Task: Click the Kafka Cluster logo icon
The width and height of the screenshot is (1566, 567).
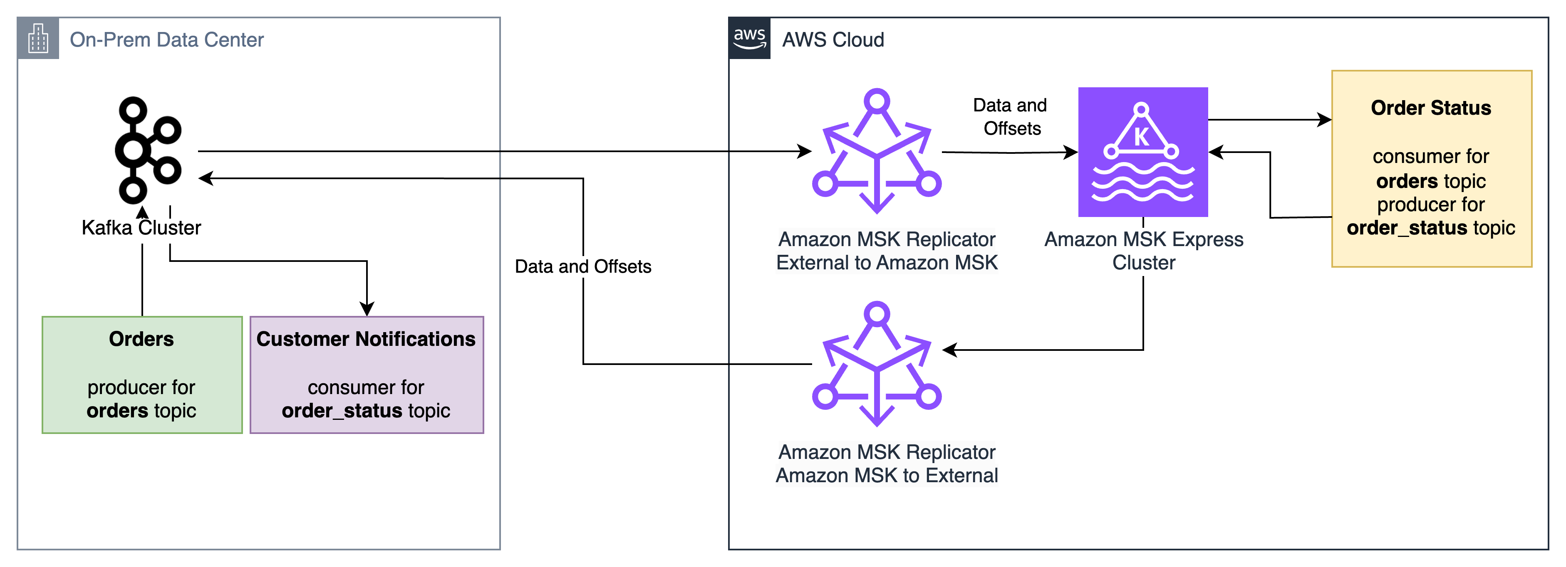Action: (141, 150)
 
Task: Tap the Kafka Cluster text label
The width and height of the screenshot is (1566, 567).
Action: (141, 229)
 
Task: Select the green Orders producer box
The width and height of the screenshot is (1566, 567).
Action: (141, 375)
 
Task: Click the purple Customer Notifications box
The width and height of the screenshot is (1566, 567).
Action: (367, 375)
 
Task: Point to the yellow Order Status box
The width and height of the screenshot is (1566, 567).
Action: (1431, 168)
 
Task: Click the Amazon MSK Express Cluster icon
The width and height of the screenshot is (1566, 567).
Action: (1143, 152)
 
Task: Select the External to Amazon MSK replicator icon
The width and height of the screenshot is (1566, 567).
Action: (877, 151)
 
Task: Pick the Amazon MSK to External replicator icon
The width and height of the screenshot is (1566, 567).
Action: (877, 364)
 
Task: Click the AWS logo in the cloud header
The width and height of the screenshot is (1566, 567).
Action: (750, 38)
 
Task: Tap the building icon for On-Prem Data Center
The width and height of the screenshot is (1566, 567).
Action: (38, 38)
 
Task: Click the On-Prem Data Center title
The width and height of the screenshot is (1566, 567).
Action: (166, 39)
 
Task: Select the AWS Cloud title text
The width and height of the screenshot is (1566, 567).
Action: (833, 39)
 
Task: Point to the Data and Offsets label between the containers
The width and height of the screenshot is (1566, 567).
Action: (583, 266)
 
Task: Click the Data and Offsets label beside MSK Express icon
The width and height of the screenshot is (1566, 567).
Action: (1011, 117)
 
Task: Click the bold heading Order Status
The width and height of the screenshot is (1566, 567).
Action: (1431, 108)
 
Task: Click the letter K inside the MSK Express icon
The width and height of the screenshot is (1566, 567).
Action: (1142, 137)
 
